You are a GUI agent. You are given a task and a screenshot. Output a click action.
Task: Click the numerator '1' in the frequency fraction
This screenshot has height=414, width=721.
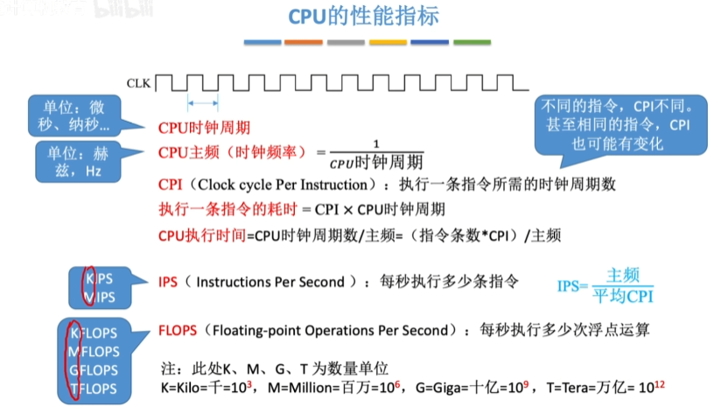click(376, 144)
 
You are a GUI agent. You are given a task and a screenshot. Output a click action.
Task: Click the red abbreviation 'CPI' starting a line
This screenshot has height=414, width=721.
click(170, 185)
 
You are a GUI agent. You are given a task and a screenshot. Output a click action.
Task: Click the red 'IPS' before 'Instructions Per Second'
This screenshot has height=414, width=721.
click(168, 282)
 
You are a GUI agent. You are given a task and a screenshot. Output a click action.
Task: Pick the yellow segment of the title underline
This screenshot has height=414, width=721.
click(388, 41)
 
